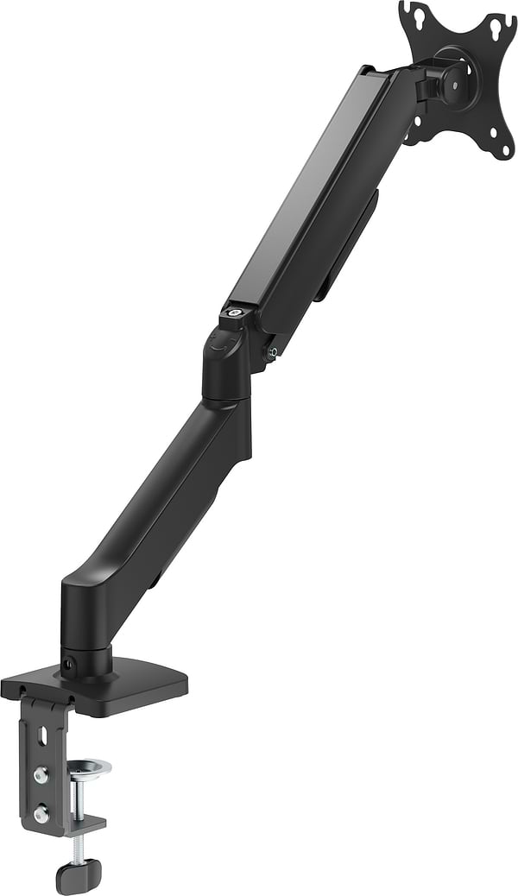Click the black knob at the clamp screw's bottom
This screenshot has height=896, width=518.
click(x=79, y=876)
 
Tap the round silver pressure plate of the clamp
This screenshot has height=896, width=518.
click(x=88, y=767)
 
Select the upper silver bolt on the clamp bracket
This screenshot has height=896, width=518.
click(x=40, y=773)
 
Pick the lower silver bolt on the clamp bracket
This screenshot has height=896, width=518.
click(x=40, y=812)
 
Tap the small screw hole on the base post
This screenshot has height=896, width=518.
click(x=68, y=664)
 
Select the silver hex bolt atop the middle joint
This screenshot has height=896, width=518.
click(x=233, y=312)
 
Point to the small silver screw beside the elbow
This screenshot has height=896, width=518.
click(x=273, y=351)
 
